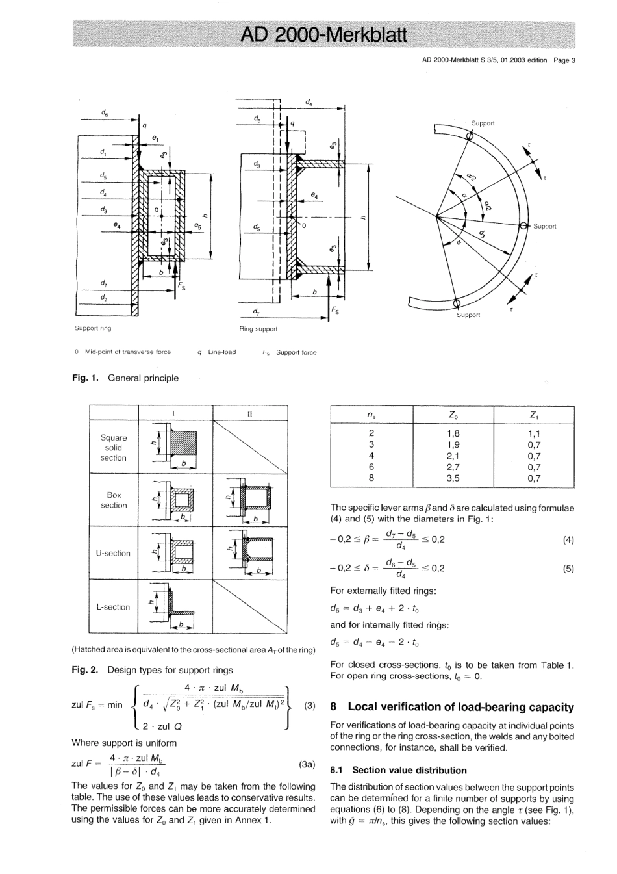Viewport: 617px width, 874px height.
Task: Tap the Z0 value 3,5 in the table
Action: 453,478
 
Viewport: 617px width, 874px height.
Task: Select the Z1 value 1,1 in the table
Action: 534,433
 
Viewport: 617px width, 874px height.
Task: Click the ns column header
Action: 371,415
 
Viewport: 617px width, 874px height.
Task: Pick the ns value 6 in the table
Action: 371,467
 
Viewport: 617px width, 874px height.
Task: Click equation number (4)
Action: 568,540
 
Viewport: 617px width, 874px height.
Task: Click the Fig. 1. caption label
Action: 84,378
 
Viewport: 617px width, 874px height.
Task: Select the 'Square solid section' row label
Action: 113,448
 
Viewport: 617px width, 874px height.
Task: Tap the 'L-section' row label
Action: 113,607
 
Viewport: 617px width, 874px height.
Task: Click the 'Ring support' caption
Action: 258,329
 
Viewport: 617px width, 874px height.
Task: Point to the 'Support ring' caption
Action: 93,328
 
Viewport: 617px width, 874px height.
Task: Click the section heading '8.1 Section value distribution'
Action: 398,770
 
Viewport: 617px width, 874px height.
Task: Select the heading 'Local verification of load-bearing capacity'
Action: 460,707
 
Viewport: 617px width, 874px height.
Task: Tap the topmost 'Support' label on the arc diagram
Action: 483,123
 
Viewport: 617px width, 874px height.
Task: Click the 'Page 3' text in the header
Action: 564,60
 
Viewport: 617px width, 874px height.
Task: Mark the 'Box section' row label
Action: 113,500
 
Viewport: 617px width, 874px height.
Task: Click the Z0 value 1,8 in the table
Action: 453,433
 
